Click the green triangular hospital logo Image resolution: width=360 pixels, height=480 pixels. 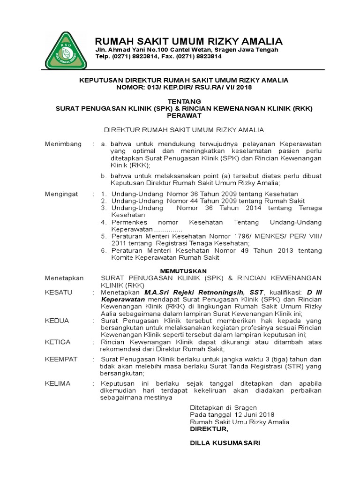point(66,50)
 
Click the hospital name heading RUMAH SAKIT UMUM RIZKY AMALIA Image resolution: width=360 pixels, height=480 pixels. point(188,41)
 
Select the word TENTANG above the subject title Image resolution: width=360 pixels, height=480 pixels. point(184,101)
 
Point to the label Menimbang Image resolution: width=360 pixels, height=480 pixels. point(63,143)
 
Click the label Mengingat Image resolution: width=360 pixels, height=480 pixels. point(61,194)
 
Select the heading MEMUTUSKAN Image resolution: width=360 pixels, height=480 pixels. point(183,271)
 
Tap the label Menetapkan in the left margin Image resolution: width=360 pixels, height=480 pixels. point(64,278)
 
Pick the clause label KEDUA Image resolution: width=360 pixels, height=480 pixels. point(57,321)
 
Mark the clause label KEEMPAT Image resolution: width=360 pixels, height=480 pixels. point(61,359)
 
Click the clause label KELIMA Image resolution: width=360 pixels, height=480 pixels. point(57,383)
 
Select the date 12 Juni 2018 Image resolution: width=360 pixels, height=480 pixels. point(253,415)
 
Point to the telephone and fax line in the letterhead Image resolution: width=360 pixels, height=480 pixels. point(158,56)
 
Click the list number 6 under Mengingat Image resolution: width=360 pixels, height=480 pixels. point(104,251)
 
